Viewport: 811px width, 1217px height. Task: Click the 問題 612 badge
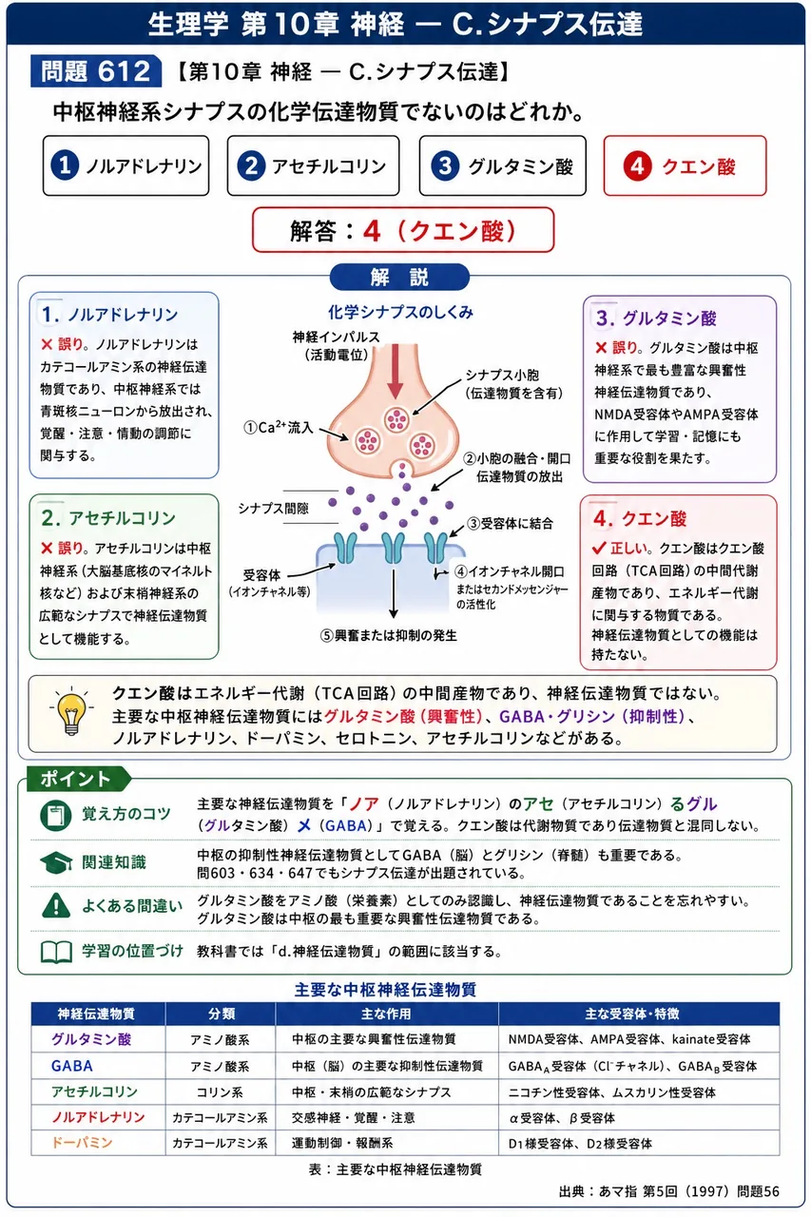click(96, 71)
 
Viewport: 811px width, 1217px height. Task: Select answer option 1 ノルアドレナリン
click(126, 165)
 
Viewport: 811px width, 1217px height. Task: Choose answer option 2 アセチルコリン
click(313, 165)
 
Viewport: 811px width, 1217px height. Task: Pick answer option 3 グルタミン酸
click(502, 165)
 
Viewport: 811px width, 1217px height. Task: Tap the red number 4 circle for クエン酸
click(637, 166)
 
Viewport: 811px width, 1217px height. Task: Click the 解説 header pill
click(399, 277)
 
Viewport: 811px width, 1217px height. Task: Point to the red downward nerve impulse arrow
click(395, 371)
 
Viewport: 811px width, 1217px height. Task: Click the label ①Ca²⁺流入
click(279, 428)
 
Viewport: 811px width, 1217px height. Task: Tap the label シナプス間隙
click(273, 509)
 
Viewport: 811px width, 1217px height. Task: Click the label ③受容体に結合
click(510, 523)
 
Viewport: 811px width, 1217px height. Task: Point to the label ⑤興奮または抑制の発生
click(389, 635)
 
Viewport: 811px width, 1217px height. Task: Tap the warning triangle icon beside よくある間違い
click(55, 905)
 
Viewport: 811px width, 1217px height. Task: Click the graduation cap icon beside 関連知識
click(56, 862)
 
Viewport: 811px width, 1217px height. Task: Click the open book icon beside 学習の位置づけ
click(56, 952)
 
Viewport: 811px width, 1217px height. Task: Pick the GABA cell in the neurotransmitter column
click(71, 1066)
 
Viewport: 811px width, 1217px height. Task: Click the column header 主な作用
click(386, 1014)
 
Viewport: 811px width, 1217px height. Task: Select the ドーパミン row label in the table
click(82, 1143)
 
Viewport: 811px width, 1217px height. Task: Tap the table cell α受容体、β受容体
click(562, 1117)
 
